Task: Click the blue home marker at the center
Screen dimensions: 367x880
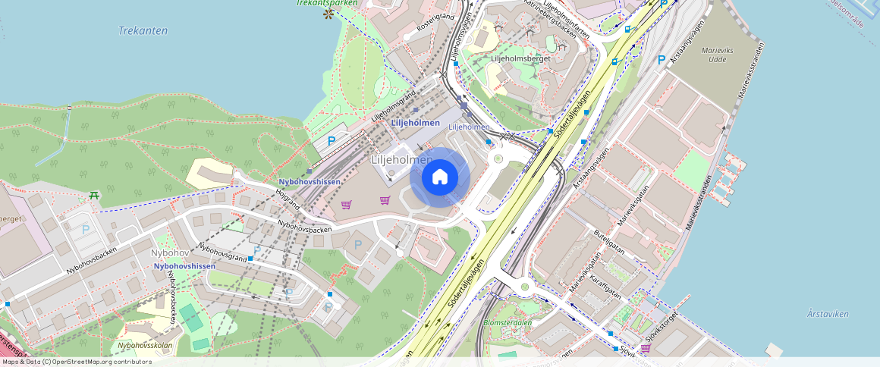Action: tap(440, 177)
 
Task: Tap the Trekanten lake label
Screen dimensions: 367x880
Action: tap(143, 31)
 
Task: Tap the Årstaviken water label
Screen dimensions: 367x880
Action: tap(828, 314)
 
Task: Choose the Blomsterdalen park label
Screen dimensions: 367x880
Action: tap(508, 322)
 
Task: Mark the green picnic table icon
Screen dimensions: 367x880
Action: tap(95, 196)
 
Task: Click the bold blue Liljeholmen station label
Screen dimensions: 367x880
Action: tap(415, 123)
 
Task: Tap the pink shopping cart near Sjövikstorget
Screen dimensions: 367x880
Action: tap(646, 348)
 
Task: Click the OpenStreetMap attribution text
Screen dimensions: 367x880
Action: tap(76, 362)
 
